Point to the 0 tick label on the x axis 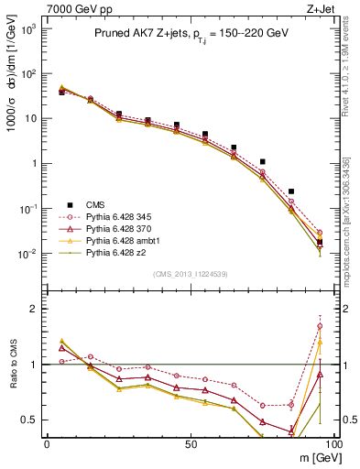(47, 442)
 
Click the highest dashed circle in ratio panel (320, 326)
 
